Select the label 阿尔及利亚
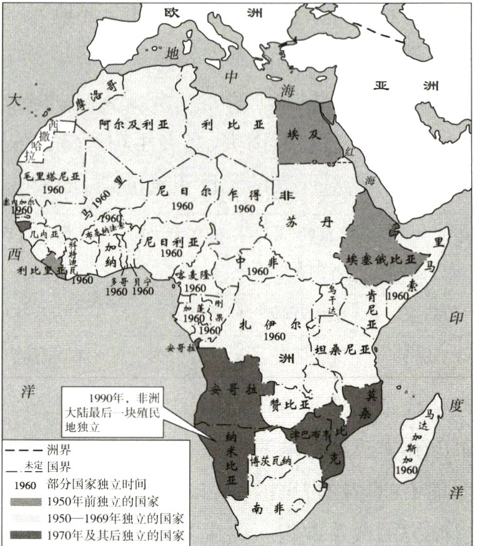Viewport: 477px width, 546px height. coord(136,124)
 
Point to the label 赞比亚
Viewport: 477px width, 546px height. coord(290,404)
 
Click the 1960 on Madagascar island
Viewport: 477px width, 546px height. coord(424,469)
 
